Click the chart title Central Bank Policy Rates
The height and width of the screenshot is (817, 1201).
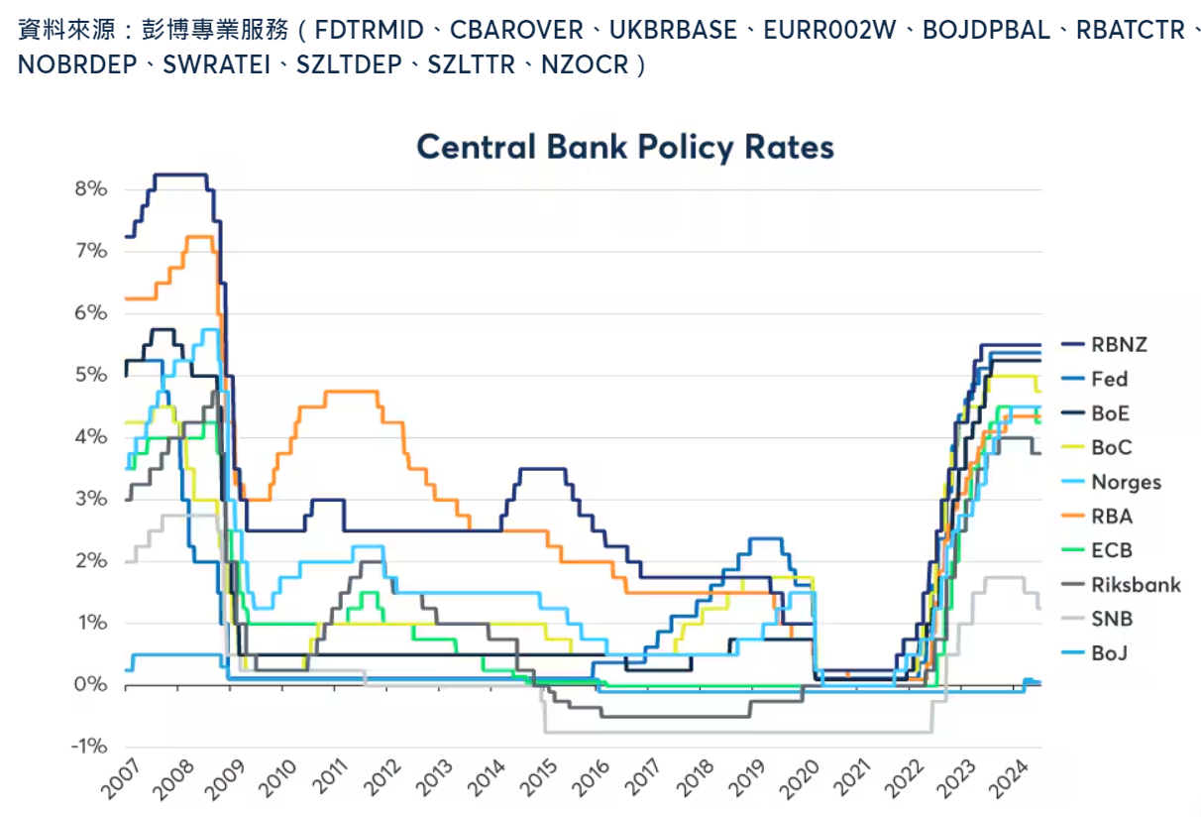point(625,147)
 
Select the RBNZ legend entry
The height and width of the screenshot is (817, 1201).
point(1119,345)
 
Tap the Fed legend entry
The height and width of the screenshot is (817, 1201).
point(1109,379)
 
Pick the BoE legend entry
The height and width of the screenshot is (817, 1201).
point(1110,413)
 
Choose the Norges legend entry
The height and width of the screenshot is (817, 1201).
point(1126,482)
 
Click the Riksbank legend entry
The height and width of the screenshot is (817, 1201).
point(1136,585)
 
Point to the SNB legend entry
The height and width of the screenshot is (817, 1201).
point(1111,619)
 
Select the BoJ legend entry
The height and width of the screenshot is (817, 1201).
point(1110,653)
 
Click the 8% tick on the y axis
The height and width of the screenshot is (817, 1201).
point(89,188)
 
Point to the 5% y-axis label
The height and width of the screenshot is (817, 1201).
point(89,375)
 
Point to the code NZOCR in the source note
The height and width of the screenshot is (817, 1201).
point(585,65)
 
